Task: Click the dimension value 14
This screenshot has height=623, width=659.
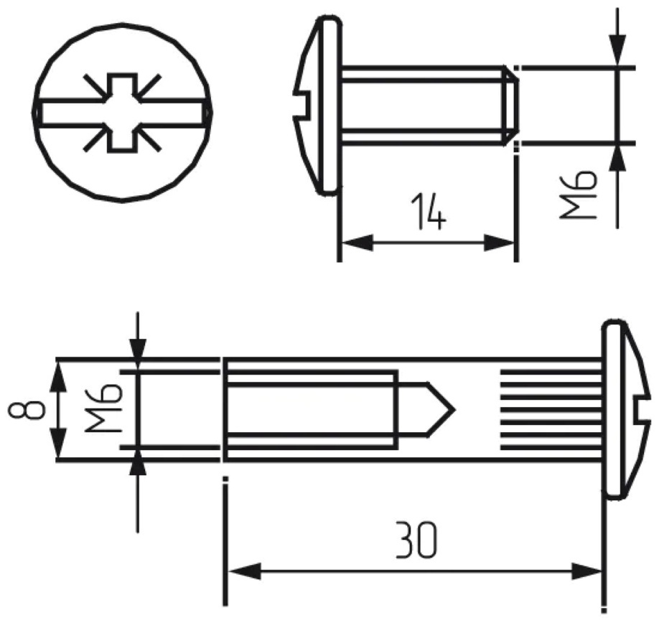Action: [427, 212]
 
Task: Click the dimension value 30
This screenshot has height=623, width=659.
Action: [417, 540]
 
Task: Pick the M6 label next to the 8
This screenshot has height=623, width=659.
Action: [103, 409]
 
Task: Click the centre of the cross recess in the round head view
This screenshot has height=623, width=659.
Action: [122, 113]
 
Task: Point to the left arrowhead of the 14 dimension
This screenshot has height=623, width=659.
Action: [357, 243]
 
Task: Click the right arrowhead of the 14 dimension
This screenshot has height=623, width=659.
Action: [500, 243]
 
